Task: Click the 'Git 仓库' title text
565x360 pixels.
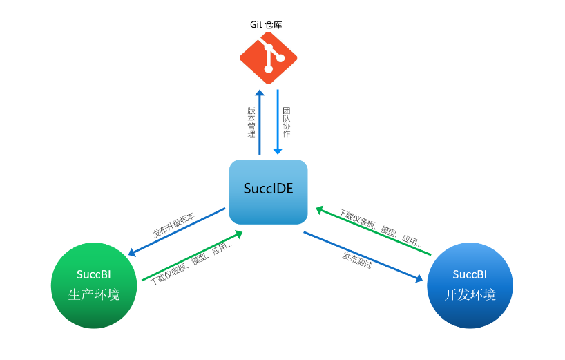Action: point(266,24)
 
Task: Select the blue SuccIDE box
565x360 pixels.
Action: point(268,191)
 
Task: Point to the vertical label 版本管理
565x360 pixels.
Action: point(251,122)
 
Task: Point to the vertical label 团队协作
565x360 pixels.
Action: point(287,122)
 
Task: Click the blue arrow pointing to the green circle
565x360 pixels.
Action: point(178,232)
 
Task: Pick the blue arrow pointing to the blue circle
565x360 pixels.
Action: point(363,256)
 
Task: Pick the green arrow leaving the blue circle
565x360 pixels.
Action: point(373,230)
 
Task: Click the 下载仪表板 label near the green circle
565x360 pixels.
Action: point(191,266)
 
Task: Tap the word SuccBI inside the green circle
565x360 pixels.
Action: point(94,274)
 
